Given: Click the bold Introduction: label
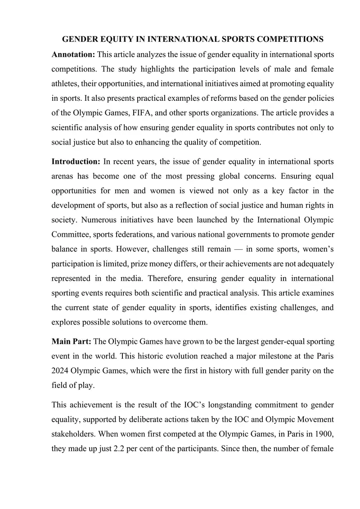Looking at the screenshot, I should [76, 162].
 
